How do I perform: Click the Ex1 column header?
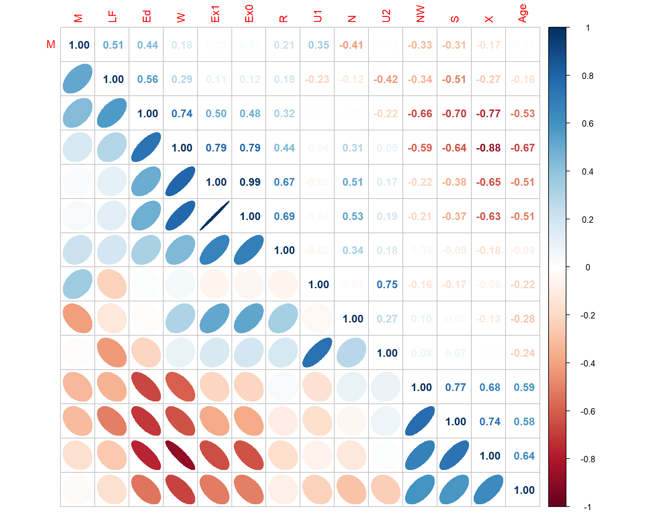click(215, 14)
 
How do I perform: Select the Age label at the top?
click(523, 13)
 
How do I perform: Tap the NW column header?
click(420, 14)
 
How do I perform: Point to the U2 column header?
click(386, 16)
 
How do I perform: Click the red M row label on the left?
click(51, 44)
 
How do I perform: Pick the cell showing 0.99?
click(250, 182)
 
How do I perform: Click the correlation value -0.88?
click(488, 148)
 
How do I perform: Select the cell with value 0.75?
click(387, 285)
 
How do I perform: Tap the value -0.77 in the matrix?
click(488, 114)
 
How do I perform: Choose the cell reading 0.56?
click(147, 79)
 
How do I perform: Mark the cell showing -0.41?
click(351, 45)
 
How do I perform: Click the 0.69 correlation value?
click(284, 216)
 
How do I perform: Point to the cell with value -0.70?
click(454, 114)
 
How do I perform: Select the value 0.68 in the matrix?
click(490, 387)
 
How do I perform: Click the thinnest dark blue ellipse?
click(215, 216)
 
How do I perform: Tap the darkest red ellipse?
click(180, 455)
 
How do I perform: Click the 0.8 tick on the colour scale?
click(588, 76)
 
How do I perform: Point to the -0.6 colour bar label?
click(588, 412)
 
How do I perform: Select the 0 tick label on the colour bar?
click(588, 267)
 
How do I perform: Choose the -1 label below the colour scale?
click(588, 507)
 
